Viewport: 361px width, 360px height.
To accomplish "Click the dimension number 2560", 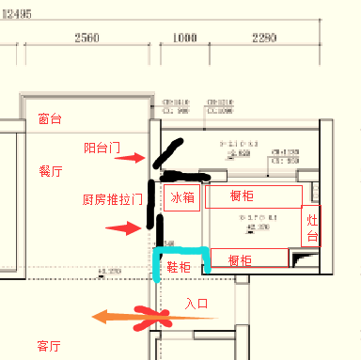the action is [x=86, y=38].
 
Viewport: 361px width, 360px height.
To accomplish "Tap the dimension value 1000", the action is [x=184, y=38].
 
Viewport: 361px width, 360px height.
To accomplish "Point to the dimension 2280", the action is [x=264, y=38].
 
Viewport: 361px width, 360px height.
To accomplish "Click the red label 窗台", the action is [x=50, y=119].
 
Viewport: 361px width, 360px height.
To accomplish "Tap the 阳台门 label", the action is [x=102, y=148].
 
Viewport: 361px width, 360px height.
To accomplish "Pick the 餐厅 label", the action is [x=51, y=172].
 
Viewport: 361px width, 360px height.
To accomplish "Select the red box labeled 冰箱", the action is [x=182, y=197].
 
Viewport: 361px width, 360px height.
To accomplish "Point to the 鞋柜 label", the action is [x=179, y=268].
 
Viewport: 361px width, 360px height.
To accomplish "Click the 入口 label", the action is [x=196, y=304].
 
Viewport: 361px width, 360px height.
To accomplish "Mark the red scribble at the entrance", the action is [x=149, y=319].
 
